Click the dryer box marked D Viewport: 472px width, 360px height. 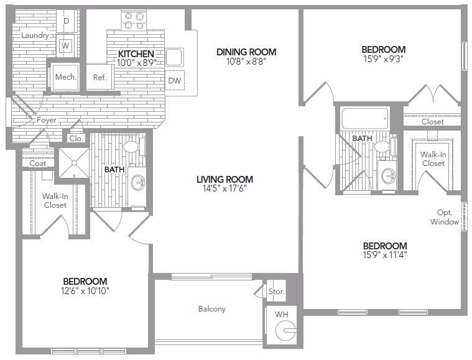67,21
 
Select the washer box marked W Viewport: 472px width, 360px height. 65,45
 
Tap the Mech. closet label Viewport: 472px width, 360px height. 65,77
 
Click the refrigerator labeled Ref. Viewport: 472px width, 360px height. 99,78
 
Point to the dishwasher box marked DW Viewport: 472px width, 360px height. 174,80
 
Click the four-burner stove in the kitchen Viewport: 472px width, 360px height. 132,21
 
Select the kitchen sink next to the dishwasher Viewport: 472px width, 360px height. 174,57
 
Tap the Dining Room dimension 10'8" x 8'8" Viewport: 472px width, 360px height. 246,62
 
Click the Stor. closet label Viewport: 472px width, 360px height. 275,292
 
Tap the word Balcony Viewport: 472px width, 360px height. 212,309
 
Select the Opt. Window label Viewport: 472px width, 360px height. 444,217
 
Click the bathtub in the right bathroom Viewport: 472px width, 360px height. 364,118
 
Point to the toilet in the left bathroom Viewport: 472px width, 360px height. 131,147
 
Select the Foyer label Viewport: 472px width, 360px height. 46,120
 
